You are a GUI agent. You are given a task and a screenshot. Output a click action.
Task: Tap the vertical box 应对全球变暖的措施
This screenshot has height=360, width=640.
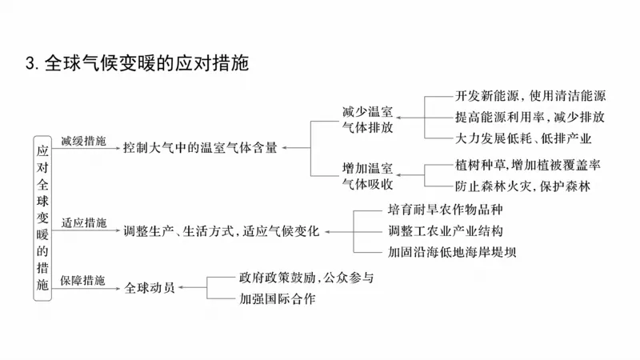click(x=43, y=216)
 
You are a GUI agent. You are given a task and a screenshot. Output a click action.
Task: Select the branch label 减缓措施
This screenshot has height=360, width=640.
click(x=83, y=140)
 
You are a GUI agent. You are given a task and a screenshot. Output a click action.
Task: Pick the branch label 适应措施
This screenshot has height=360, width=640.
click(x=83, y=222)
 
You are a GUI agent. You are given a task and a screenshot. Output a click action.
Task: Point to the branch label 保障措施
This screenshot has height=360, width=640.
click(x=83, y=280)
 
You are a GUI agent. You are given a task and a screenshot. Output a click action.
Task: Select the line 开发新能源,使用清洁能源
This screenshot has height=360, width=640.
click(x=530, y=95)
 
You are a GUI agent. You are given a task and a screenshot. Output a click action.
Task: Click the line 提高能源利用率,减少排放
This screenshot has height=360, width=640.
click(x=530, y=117)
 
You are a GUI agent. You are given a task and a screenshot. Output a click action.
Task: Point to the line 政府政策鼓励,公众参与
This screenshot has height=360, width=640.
click(x=306, y=278)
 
